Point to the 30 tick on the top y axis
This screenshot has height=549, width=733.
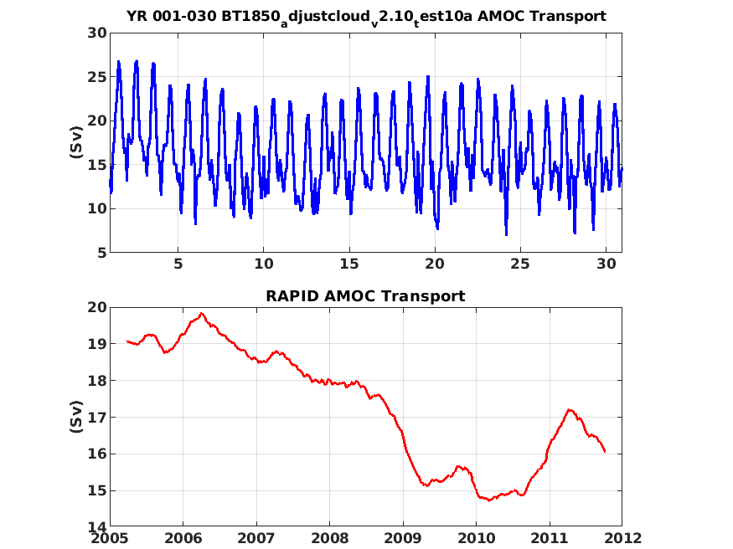(97, 33)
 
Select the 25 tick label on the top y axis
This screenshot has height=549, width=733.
(97, 76)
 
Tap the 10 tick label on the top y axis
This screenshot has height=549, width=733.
(97, 208)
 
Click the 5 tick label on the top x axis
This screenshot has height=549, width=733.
(178, 264)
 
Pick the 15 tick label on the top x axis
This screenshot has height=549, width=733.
(349, 264)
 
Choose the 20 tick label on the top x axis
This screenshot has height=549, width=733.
(435, 264)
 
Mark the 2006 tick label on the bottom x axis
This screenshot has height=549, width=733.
(183, 538)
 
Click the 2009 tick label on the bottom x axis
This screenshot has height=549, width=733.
(403, 538)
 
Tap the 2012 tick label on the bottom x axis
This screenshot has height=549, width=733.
(622, 538)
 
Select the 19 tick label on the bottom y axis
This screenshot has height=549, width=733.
(97, 344)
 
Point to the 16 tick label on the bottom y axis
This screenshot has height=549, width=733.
(97, 454)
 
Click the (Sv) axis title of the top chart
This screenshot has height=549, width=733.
(76, 142)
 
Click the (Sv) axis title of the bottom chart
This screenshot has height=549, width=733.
(76, 417)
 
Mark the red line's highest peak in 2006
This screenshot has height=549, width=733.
(202, 313)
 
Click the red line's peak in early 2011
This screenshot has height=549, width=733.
(570, 409)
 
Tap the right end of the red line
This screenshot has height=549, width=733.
(605, 451)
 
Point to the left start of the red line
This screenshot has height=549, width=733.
(126, 341)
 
